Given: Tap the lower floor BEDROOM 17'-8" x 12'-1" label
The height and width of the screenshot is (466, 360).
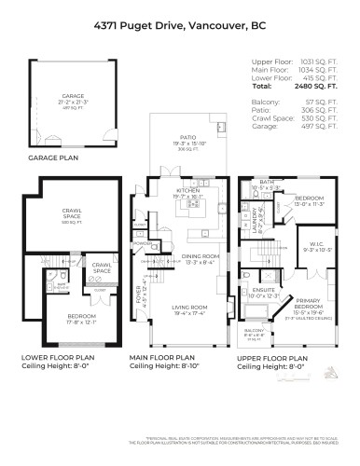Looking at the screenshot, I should (70, 319).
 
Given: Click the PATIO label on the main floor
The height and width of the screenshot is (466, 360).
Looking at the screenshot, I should (188, 142).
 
